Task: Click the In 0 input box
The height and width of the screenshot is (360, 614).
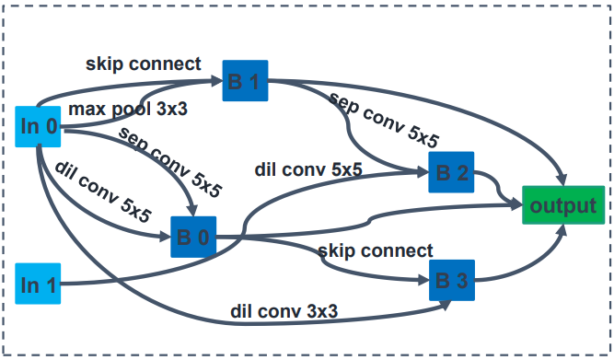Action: pyautogui.click(x=38, y=126)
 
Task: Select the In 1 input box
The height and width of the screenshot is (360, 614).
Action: pyautogui.click(x=38, y=284)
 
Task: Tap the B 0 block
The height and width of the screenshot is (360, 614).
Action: pyautogui.click(x=193, y=237)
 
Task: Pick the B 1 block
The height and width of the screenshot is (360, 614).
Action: pyautogui.click(x=245, y=81)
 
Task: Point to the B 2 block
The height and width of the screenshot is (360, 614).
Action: pyautogui.click(x=451, y=172)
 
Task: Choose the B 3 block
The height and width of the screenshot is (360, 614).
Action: pyautogui.click(x=452, y=281)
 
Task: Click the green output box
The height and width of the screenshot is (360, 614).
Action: pyautogui.click(x=563, y=205)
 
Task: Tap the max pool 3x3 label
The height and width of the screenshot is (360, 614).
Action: pyautogui.click(x=128, y=110)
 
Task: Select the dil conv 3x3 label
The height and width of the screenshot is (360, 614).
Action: pyautogui.click(x=284, y=311)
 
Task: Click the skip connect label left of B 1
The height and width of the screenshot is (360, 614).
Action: pyautogui.click(x=144, y=64)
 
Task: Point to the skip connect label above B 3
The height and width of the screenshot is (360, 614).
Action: pyautogui.click(x=376, y=250)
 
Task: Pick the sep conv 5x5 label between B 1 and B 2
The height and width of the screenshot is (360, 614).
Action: pyautogui.click(x=385, y=120)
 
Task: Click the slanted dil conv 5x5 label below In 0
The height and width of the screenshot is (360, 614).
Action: pyautogui.click(x=103, y=192)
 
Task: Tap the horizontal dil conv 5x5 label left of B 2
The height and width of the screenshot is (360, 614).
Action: pyautogui.click(x=308, y=169)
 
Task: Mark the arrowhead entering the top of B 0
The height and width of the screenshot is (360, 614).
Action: pyautogui.click(x=192, y=210)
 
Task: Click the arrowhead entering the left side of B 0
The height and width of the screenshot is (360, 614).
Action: pyautogui.click(x=165, y=237)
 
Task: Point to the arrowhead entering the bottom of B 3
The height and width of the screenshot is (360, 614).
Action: pyautogui.click(x=446, y=305)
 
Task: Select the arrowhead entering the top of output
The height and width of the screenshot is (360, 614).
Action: pyautogui.click(x=562, y=180)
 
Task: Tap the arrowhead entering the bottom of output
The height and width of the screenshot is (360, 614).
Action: pyautogui.click(x=563, y=230)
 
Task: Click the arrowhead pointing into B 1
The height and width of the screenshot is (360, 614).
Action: pyautogui.click(x=216, y=81)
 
